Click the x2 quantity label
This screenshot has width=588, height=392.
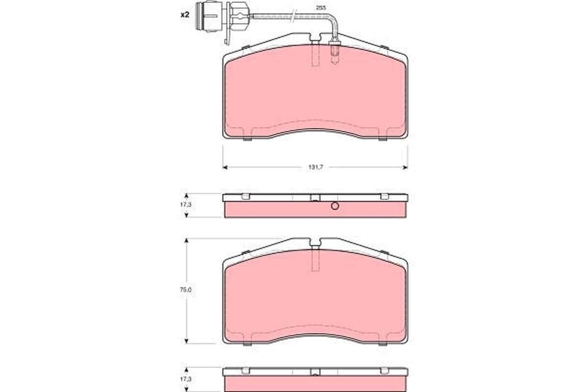(184, 15)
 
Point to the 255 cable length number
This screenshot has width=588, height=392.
(321, 8)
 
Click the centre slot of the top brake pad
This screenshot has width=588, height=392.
(315, 54)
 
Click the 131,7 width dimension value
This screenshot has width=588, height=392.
(315, 168)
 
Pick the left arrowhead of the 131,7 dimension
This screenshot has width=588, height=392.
(225, 168)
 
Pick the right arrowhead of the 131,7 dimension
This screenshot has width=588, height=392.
(405, 168)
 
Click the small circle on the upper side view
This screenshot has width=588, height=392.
(335, 206)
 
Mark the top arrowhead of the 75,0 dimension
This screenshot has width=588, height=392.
(187, 241)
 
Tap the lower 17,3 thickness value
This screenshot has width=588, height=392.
(186, 379)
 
